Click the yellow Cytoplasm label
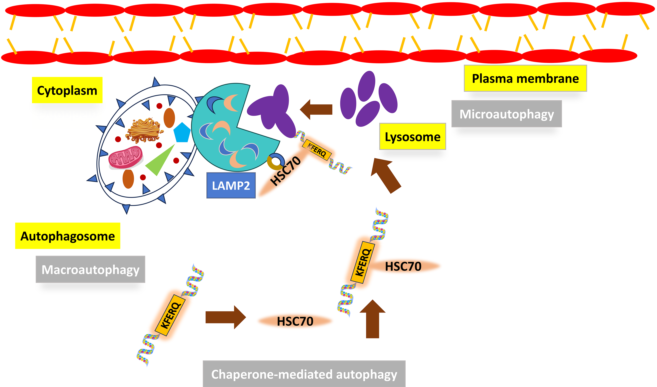pos(67,90)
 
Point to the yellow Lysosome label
pos(412,137)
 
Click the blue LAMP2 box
pos(231,185)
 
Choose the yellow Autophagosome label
pos(68,236)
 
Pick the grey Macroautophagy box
pos(90,269)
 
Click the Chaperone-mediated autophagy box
pos(304,374)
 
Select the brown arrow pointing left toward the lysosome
pos(316,109)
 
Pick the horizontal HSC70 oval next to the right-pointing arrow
pos(295,321)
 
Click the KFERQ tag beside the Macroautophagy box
pos(170,315)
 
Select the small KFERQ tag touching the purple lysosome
pos(316,150)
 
